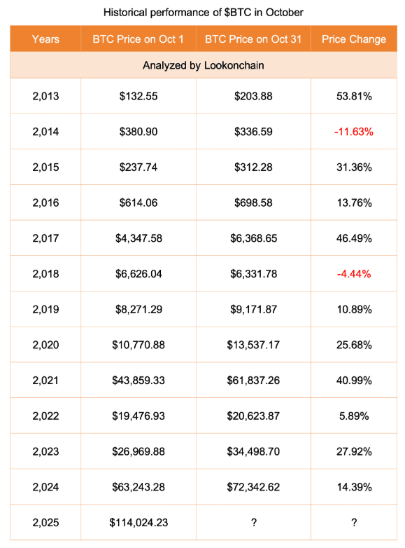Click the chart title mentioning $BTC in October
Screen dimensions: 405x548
[204, 13]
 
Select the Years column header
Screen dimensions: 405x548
[45, 39]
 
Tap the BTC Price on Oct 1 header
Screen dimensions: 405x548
[138, 39]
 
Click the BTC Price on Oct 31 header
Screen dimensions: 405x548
[253, 39]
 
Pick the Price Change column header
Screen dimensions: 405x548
[354, 39]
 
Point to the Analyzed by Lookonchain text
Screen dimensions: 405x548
[204, 65]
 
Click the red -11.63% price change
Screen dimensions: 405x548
[354, 132]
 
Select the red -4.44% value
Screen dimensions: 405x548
[354, 274]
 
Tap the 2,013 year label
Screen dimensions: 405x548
[45, 96]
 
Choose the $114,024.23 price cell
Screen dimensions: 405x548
[138, 523]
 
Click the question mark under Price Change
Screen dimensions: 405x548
[354, 523]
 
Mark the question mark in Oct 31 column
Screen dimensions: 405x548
[254, 523]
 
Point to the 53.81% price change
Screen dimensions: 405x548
[354, 96]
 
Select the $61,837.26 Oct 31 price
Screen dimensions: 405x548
[253, 381]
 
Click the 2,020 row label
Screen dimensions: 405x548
[45, 345]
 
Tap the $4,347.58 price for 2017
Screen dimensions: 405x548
[138, 238]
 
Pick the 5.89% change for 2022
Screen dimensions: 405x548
[354, 416]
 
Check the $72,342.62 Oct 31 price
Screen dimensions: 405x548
[253, 487]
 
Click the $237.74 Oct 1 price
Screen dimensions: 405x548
[138, 167]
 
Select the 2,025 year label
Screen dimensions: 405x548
[45, 523]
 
